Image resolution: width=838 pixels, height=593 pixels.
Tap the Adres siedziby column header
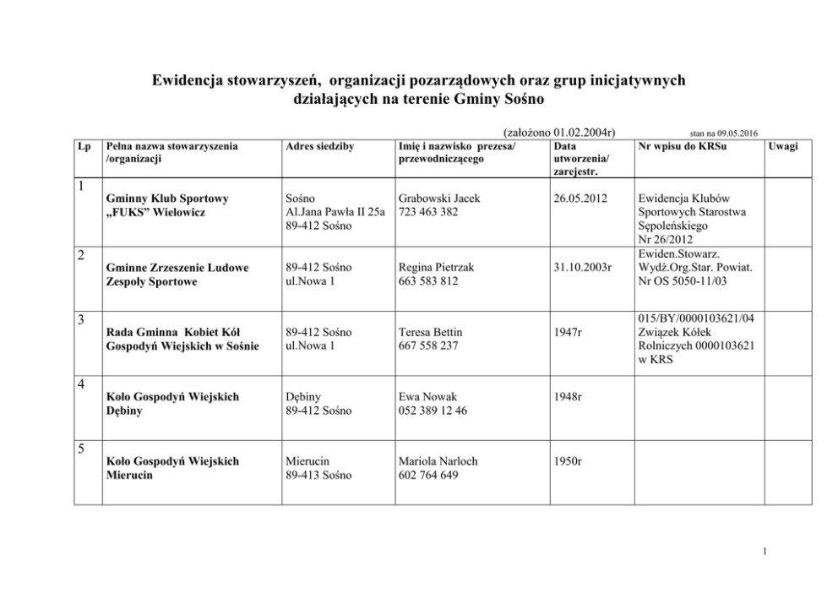pyautogui.click(x=320, y=146)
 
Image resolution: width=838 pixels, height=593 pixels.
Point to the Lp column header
pyautogui.click(x=84, y=146)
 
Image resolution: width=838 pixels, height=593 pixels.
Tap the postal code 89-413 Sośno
pyautogui.click(x=319, y=476)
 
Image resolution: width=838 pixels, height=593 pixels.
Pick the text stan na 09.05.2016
pyautogui.click(x=724, y=133)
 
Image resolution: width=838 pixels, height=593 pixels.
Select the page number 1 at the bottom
pyautogui.click(x=764, y=552)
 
